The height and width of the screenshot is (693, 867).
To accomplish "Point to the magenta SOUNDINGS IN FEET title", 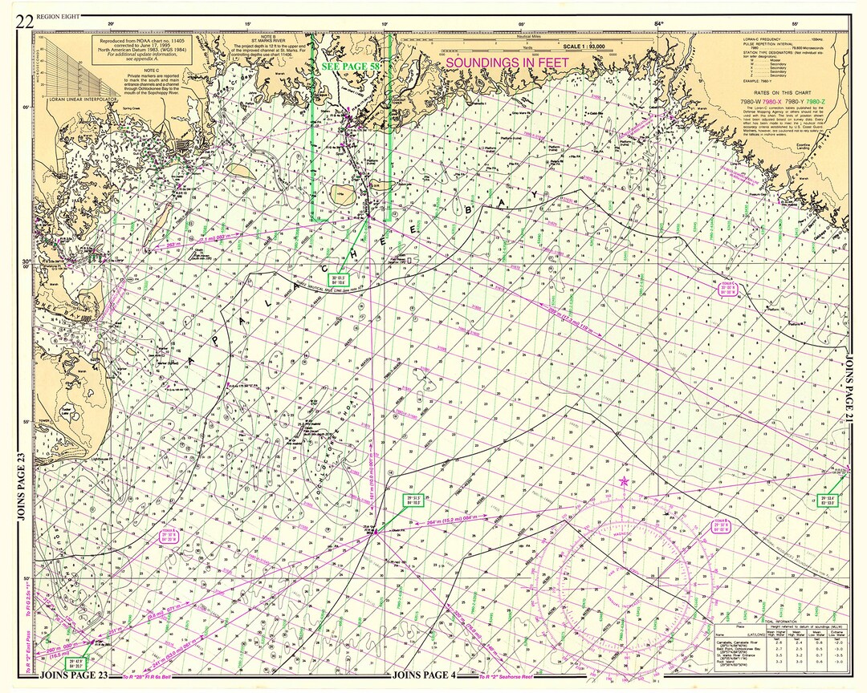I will pos(507,62).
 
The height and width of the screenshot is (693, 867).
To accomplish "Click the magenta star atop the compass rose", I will pos(625,481).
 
